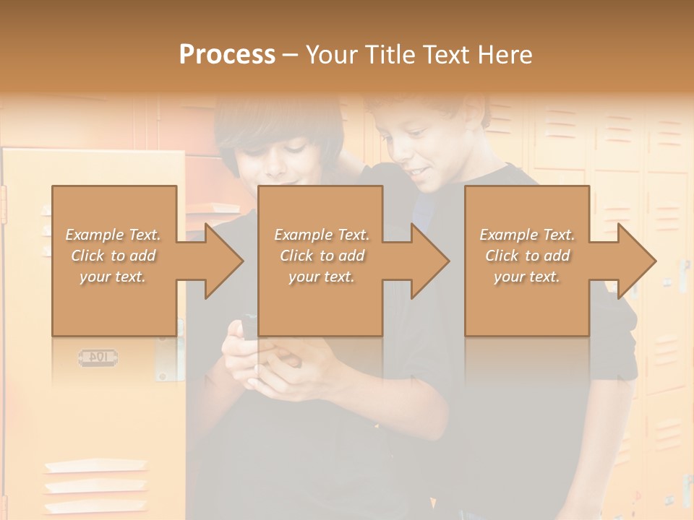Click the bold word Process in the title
(x=227, y=55)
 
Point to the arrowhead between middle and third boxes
(x=429, y=261)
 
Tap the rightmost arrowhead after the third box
(x=636, y=261)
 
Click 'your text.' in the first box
(x=113, y=276)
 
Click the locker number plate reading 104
(x=98, y=357)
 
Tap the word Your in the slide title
(x=331, y=55)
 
